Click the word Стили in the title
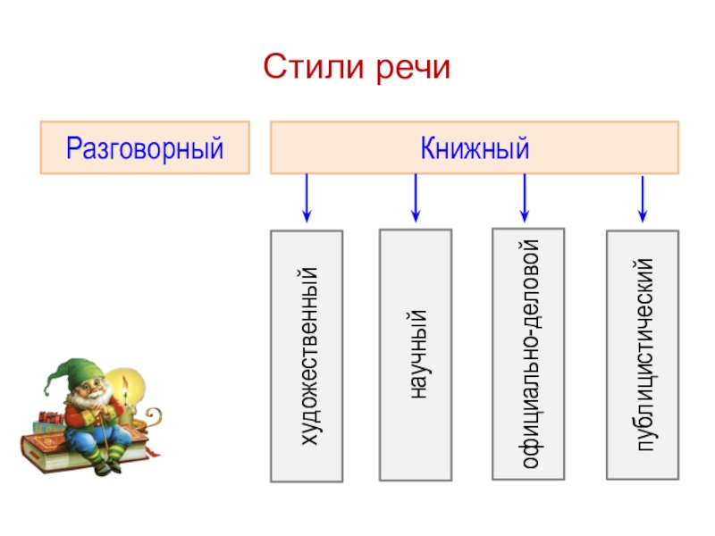click(x=308, y=67)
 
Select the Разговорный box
click(x=144, y=147)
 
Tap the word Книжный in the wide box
click(x=475, y=147)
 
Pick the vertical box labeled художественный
click(x=307, y=356)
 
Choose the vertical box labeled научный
click(x=415, y=352)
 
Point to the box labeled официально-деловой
click(x=528, y=354)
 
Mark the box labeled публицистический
click(x=642, y=354)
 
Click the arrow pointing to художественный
click(x=307, y=198)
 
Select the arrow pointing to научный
click(x=416, y=198)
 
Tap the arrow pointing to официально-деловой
click(x=524, y=197)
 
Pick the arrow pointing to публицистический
click(x=642, y=198)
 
